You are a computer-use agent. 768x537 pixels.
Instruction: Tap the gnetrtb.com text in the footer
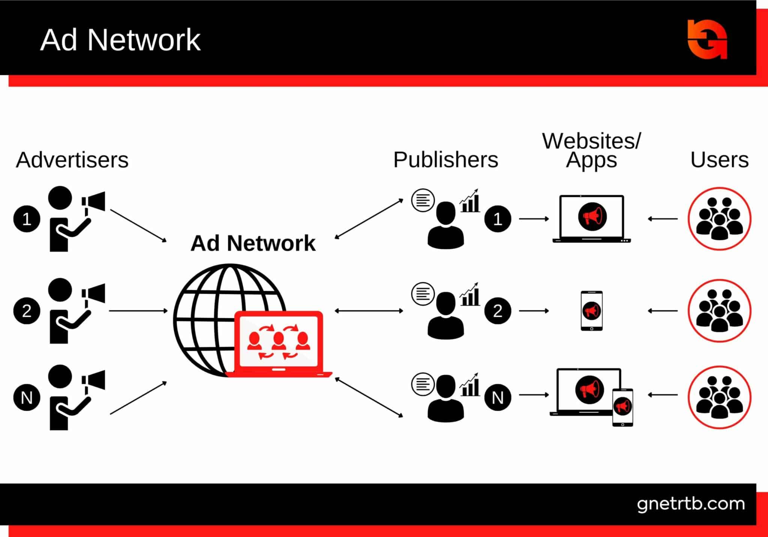(691, 504)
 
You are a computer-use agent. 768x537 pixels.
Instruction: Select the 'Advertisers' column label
(72, 160)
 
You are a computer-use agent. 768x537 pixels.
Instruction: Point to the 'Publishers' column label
(445, 160)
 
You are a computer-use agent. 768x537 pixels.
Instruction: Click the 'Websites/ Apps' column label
(591, 151)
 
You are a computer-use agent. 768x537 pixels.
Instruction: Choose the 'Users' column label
(719, 160)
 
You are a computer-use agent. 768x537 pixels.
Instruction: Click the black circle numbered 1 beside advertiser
(27, 219)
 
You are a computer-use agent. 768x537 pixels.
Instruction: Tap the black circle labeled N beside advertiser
(27, 397)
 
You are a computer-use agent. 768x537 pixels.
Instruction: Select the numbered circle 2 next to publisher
(498, 311)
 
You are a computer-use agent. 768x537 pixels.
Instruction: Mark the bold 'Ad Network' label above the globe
(253, 243)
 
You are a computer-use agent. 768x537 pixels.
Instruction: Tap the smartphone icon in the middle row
(591, 311)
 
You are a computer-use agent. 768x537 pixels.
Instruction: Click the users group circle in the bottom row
(719, 397)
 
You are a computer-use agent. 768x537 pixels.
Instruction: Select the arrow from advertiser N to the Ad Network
(138, 398)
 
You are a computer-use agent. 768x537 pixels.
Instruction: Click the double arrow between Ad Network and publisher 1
(369, 219)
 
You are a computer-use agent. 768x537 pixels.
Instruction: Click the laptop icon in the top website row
(591, 219)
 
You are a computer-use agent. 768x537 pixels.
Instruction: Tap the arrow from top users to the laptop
(663, 219)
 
